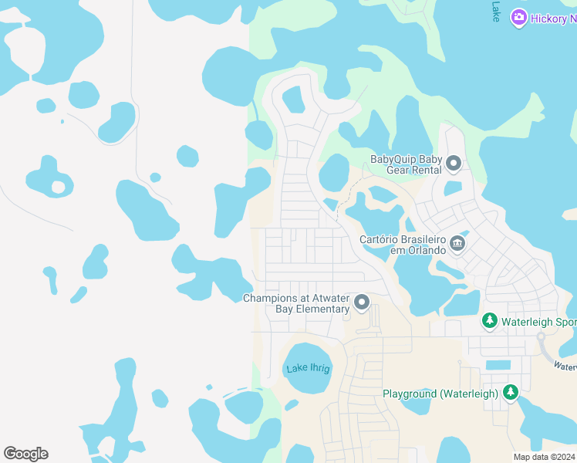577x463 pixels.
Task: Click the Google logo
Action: (25, 454)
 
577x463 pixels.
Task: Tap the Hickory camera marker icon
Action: (518, 17)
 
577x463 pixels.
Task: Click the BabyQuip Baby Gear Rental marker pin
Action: (454, 163)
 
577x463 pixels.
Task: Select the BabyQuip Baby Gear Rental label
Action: (406, 164)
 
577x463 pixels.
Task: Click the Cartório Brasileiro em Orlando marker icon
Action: (457, 244)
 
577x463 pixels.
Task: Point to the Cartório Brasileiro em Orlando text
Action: (403, 245)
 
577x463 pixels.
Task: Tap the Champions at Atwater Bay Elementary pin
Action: (361, 302)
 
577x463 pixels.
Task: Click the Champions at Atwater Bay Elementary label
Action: (297, 303)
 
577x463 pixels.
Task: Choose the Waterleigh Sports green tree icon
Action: (489, 320)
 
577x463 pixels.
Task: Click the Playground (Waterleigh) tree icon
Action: (510, 393)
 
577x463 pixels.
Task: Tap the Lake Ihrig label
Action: (308, 369)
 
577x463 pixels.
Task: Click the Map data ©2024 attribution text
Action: (544, 457)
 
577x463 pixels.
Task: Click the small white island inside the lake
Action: (58, 187)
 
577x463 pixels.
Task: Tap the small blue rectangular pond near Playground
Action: (498, 364)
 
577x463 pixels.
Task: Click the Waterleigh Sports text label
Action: (538, 321)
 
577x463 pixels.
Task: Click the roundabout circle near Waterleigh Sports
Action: (542, 337)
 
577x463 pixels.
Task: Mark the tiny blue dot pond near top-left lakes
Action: (62, 121)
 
